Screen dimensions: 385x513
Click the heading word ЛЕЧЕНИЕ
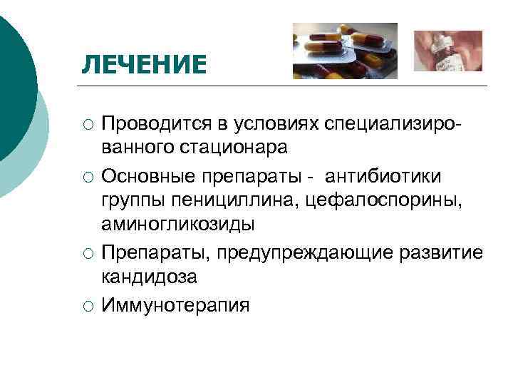[143, 65]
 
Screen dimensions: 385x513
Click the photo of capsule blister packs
[345, 51]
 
